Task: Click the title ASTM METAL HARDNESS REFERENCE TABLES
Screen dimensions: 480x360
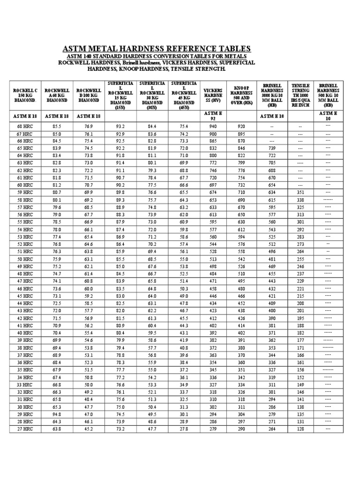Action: click(157, 49)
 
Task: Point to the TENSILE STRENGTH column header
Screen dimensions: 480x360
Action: click(300, 96)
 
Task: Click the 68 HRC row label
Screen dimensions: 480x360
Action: click(25, 127)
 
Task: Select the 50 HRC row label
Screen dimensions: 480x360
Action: click(25, 259)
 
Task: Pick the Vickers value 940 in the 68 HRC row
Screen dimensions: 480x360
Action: click(213, 127)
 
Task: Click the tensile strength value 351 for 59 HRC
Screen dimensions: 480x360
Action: click(300, 193)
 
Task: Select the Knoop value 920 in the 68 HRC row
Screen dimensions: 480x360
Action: click(241, 127)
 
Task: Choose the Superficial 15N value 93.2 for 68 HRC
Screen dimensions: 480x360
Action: click(120, 127)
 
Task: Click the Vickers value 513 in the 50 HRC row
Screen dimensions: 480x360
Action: click(213, 259)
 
